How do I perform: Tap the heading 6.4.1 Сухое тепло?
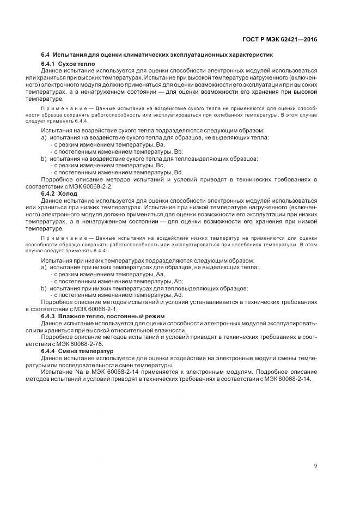[68, 64]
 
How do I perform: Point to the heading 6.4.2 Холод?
[59, 193]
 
